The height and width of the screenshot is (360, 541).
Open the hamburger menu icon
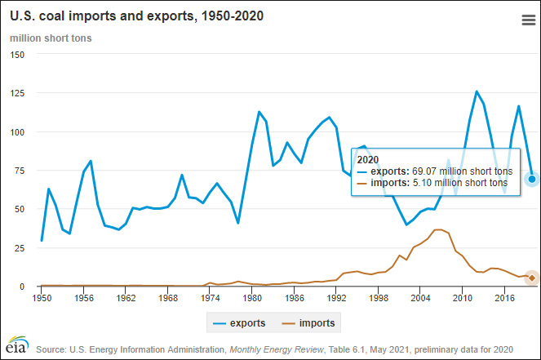tap(527, 21)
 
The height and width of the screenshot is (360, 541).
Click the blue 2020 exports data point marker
tap(532, 179)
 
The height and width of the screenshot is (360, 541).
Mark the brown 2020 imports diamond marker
tap(532, 278)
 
